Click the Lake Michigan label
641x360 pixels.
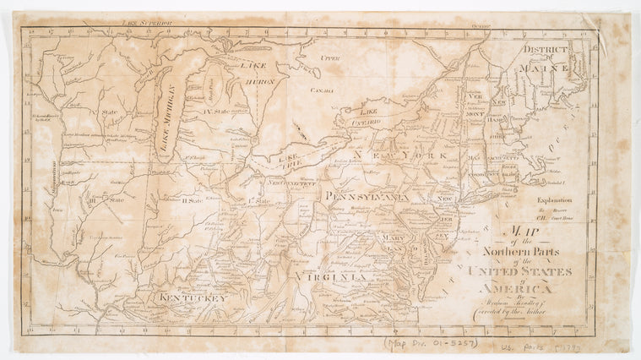(x=168, y=122)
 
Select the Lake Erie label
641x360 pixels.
(x=291, y=156)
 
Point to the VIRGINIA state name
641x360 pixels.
(x=337, y=275)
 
